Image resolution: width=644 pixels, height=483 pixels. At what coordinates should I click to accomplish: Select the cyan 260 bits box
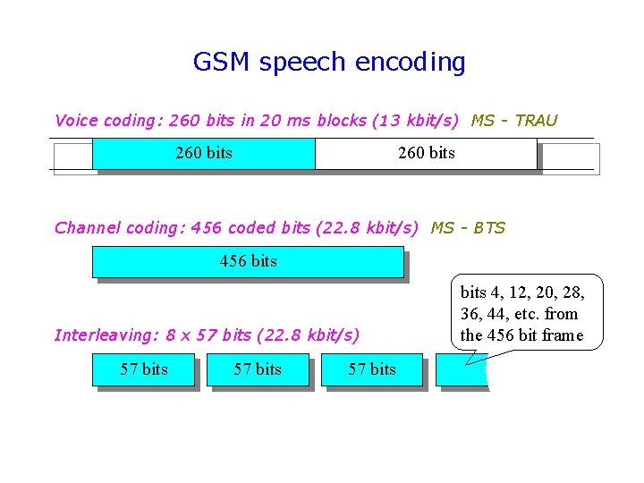204,153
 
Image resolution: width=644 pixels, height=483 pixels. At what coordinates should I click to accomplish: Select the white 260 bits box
426,153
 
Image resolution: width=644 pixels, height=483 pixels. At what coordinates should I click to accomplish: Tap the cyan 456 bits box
248,262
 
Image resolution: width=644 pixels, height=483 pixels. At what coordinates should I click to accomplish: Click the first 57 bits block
143,369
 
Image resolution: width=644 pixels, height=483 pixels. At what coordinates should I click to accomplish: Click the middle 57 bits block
258,369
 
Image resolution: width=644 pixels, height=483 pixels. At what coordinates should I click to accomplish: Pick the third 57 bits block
371,369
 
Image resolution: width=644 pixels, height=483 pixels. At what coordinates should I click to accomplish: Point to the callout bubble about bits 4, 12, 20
527,313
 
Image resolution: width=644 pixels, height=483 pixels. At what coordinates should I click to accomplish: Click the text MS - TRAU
513,121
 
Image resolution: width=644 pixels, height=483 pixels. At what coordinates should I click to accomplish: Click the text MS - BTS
468,228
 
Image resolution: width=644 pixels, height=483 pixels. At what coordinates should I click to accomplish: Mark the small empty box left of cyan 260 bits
72,158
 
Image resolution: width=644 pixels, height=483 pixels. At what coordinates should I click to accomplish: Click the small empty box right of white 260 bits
571,158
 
